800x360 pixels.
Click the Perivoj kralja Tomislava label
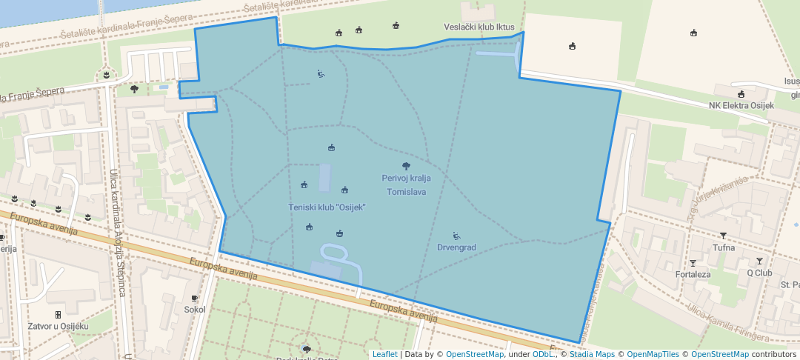point(405,185)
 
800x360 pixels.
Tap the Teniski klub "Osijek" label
point(327,207)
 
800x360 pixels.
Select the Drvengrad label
point(456,247)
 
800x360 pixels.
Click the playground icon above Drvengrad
point(456,236)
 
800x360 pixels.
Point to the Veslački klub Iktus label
point(479,27)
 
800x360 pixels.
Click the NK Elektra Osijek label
point(741,105)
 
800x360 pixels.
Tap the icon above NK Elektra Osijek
point(741,94)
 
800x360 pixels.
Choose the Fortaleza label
point(693,274)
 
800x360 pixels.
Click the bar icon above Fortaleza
point(693,263)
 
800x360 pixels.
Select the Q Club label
point(759,272)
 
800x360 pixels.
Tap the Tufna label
point(723,247)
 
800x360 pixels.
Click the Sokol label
point(195,310)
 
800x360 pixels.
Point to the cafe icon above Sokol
point(195,299)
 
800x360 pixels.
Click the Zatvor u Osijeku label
point(58,326)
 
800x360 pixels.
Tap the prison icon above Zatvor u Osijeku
point(58,315)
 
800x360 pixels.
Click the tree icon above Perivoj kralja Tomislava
point(405,166)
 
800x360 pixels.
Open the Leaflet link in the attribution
point(384,355)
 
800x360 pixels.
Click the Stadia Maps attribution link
point(591,355)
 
